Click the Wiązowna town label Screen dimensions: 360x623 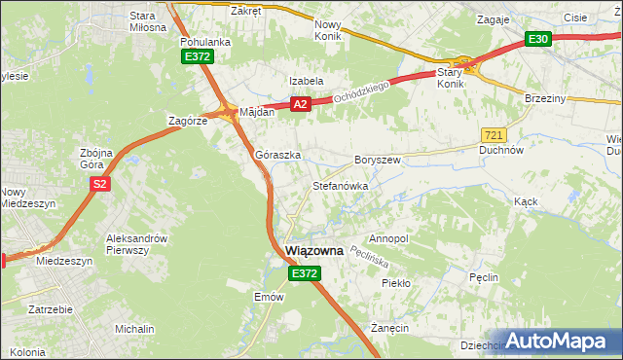point(314,251)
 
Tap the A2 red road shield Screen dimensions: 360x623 point(300,104)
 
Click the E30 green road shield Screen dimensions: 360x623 point(537,39)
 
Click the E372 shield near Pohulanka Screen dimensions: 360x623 point(198,57)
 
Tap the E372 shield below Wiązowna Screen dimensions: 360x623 point(303,275)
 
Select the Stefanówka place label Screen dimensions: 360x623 point(339,185)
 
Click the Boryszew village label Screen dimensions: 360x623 point(378,159)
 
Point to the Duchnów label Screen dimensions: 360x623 point(502,151)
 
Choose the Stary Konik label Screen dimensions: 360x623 point(450,78)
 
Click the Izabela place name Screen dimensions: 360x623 point(305,81)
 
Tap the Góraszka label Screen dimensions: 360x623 point(277,155)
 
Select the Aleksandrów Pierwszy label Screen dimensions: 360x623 point(137,244)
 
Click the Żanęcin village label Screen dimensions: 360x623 point(388,329)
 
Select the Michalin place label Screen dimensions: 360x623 point(134,330)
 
